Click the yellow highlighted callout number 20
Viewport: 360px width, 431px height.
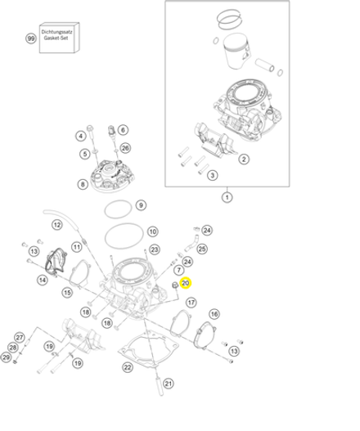(x=185, y=284)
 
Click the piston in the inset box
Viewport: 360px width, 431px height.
(x=242, y=56)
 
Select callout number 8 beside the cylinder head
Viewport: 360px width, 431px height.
(x=83, y=184)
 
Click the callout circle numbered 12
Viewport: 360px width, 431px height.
(x=57, y=225)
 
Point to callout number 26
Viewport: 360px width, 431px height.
(x=125, y=148)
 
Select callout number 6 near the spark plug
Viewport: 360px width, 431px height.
(x=123, y=130)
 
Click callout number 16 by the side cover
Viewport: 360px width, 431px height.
(x=214, y=314)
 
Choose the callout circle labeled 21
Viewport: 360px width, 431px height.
(x=169, y=383)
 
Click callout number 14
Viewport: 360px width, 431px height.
(x=42, y=280)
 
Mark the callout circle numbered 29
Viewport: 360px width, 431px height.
(x=7, y=357)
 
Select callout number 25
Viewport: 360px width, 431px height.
(x=202, y=248)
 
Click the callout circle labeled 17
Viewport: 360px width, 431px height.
(x=191, y=302)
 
